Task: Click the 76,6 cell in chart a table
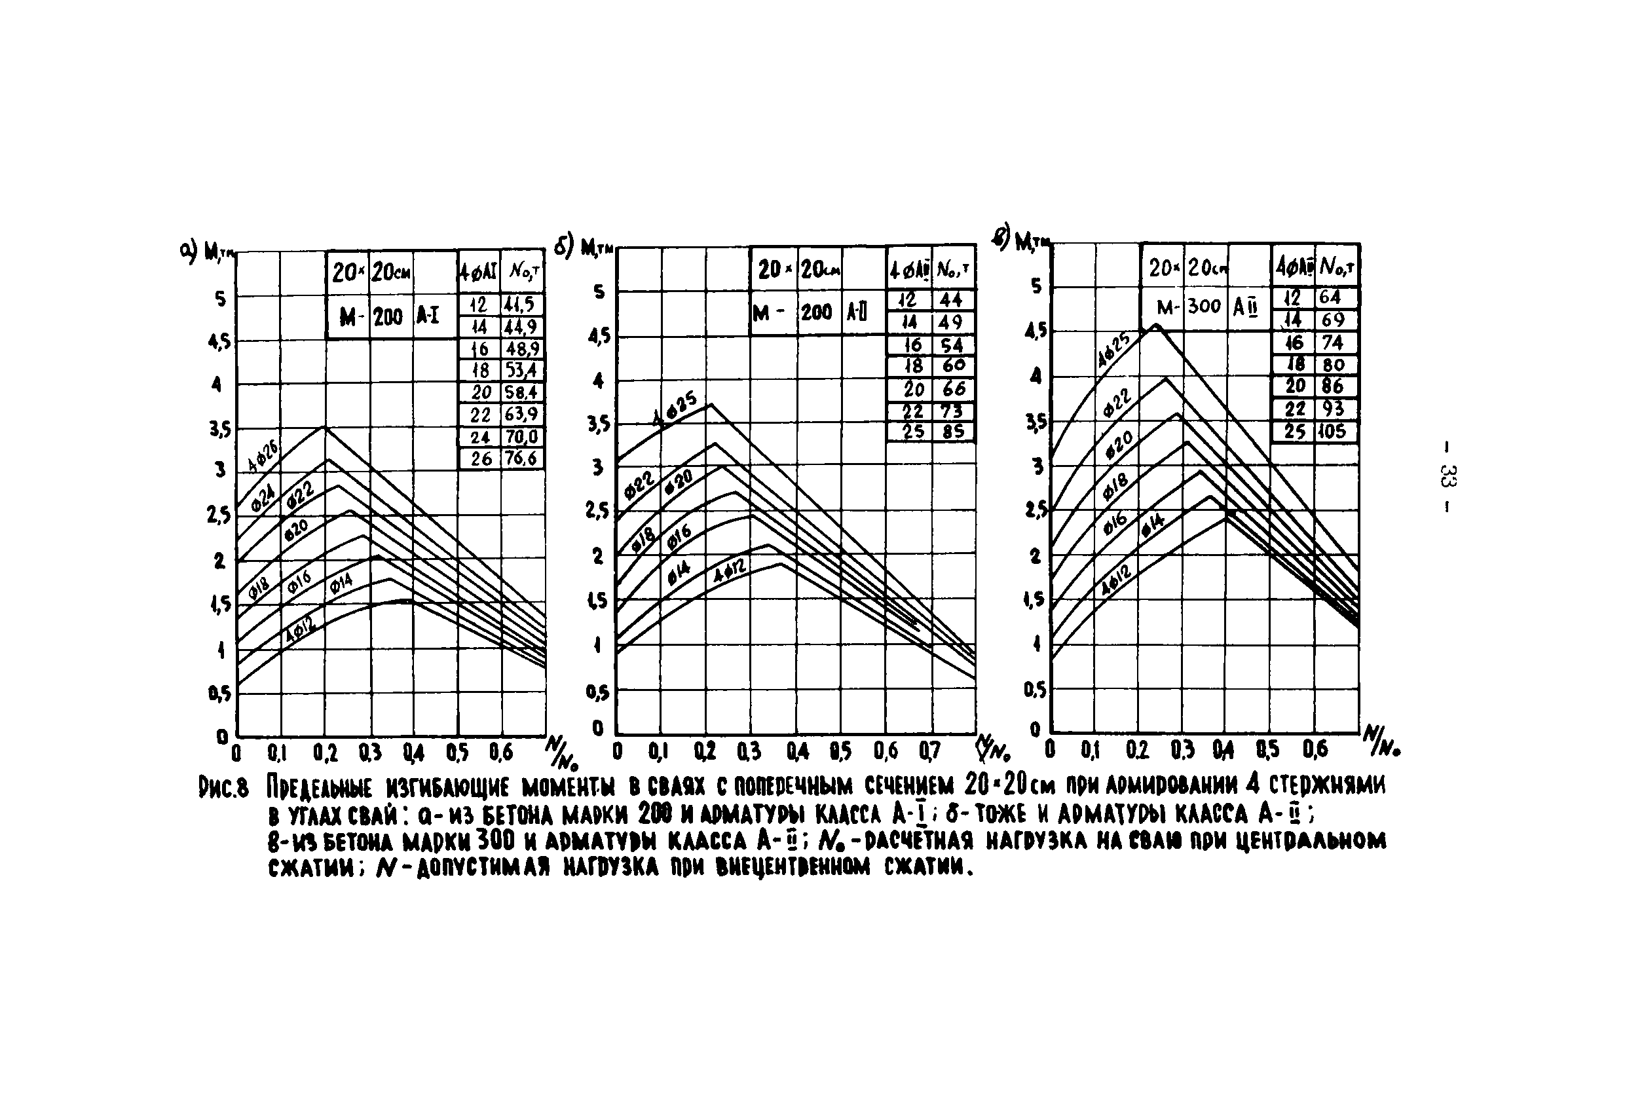pos(521,458)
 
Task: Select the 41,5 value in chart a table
pos(521,304)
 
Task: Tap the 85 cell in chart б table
pos(952,432)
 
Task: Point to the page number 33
pos(1446,476)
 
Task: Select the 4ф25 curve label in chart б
pos(674,409)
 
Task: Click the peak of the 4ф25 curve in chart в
pos(1157,324)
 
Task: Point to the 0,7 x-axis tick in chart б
pos(929,751)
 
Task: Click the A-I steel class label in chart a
pos(428,316)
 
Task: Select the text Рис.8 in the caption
pos(224,788)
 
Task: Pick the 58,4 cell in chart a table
pos(521,392)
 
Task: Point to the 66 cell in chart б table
pos(952,388)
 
